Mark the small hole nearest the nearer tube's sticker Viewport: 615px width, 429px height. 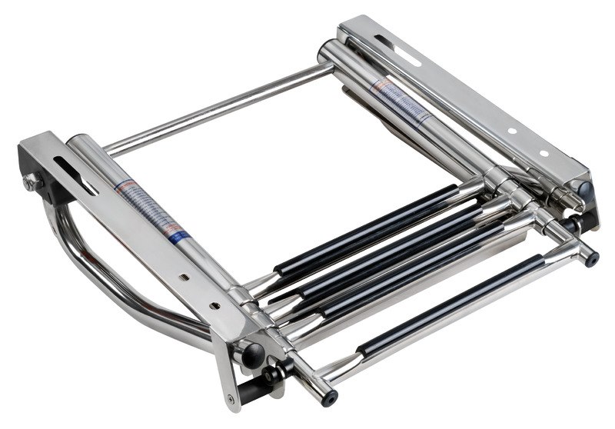183,273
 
